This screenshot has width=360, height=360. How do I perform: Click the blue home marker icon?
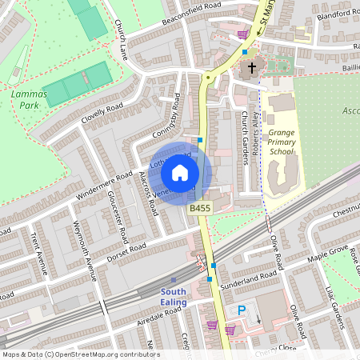(180, 172)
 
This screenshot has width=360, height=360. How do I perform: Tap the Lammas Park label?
(29, 98)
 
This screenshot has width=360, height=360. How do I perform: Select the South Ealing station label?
(173, 297)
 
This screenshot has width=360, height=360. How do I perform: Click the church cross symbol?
(252, 68)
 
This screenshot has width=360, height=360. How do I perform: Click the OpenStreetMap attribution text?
(80, 354)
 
